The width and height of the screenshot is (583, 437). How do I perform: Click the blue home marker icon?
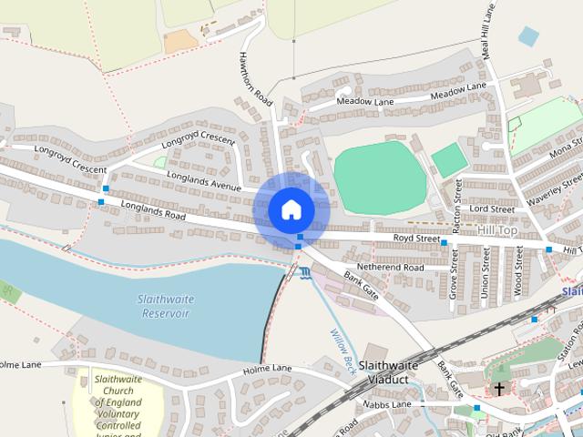291,209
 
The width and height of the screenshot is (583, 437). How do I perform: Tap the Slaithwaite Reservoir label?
163,306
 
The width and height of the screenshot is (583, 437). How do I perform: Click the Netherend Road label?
390,268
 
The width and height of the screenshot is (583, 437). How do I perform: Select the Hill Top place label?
496,233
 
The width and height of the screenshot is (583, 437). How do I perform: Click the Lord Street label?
492,208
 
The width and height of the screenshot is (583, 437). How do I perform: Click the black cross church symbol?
499,389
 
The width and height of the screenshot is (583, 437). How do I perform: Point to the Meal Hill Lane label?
489,27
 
